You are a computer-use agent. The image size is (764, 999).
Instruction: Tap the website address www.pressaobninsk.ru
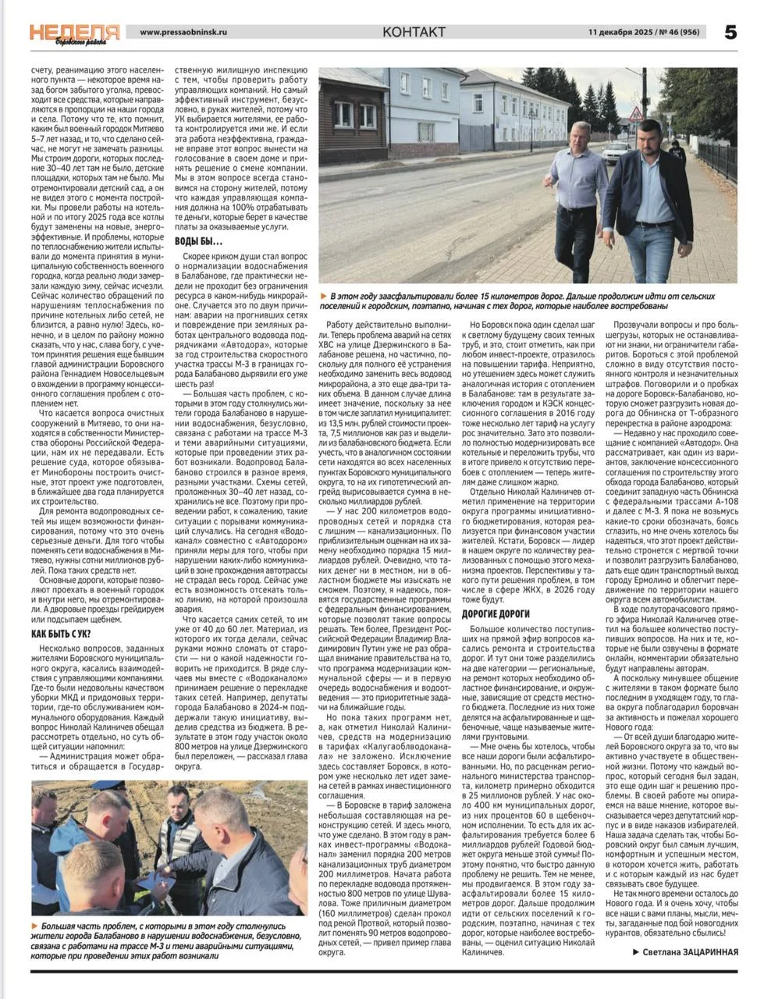tap(183, 33)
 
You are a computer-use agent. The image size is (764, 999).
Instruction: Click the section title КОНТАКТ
tap(414, 32)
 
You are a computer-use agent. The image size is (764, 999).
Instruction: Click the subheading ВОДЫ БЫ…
tap(199, 242)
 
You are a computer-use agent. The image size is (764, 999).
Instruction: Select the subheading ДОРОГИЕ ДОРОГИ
tap(496, 613)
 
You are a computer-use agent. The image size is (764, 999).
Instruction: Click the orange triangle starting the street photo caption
tap(323, 297)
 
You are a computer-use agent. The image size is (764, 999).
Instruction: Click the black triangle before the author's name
tap(636, 951)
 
